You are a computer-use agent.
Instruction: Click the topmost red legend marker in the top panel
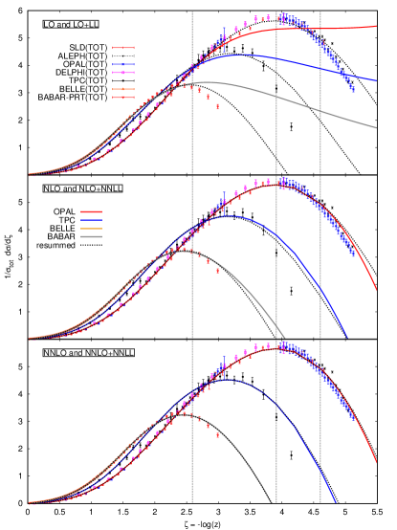123,48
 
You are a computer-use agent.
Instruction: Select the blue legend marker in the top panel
123,64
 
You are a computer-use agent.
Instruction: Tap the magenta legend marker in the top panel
123,73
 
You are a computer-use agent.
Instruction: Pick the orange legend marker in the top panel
123,89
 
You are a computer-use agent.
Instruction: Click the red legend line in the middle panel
91,212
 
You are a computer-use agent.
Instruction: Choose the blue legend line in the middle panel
91,220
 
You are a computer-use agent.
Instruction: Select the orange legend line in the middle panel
91,229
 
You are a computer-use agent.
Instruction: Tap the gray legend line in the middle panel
91,236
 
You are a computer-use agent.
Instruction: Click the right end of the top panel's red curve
376,27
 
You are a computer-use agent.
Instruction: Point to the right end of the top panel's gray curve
376,127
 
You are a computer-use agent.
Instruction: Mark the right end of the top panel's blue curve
376,81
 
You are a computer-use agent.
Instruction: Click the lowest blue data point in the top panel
353,90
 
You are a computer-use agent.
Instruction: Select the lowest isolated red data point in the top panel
217,106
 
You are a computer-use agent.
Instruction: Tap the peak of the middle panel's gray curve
180,252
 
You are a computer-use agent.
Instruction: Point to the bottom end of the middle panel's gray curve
286,339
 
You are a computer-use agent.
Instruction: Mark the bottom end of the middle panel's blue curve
347,339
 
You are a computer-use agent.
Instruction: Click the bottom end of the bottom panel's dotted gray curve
272,502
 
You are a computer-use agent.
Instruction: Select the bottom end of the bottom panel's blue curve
336,502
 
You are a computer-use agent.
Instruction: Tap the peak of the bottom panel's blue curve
228,380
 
